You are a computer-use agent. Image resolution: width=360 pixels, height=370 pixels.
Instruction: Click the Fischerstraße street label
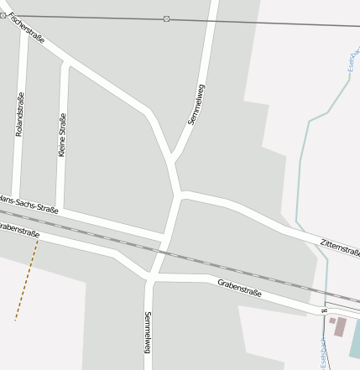[x=26, y=28]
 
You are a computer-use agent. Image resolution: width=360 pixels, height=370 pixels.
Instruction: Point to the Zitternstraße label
[x=339, y=247]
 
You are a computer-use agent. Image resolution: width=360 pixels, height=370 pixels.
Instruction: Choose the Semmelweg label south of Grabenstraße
[x=148, y=331]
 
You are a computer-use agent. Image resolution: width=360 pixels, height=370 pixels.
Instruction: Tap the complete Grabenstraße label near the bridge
[x=240, y=289]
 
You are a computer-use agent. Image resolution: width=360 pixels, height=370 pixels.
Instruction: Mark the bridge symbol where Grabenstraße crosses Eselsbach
[x=324, y=310]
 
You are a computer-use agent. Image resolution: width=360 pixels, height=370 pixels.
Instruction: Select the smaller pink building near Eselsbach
[x=331, y=320]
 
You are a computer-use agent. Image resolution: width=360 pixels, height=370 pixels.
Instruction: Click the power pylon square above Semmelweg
[x=166, y=18]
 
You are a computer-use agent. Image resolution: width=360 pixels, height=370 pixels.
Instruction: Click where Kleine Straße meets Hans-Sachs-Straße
[x=60, y=209]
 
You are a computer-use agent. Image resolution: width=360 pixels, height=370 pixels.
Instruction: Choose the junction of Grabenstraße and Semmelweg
[x=150, y=276]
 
